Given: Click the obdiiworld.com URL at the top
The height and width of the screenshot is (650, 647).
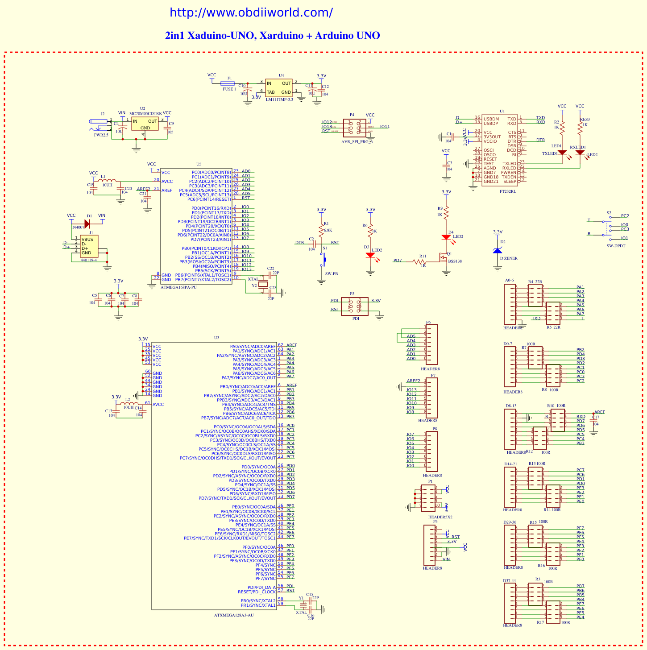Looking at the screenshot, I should [251, 12].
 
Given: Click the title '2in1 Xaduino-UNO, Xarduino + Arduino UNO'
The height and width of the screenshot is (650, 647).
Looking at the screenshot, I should [272, 36].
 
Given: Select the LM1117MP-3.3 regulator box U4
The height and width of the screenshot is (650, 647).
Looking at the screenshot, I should [279, 88].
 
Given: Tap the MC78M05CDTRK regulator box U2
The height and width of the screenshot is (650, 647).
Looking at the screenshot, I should [145, 124].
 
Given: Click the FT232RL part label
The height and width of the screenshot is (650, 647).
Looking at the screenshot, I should [507, 191].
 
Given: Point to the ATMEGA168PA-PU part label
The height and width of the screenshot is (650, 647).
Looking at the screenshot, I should [178, 287].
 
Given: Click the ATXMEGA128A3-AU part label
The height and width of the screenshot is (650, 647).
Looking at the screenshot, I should [234, 615].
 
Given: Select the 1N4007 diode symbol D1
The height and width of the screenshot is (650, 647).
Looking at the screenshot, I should [87, 224].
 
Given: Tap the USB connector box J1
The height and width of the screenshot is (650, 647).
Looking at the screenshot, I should [89, 246].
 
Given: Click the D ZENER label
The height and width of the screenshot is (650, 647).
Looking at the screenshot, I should [509, 258].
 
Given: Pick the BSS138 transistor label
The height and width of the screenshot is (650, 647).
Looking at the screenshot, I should [455, 261].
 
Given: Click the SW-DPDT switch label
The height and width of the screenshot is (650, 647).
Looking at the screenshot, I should [616, 246].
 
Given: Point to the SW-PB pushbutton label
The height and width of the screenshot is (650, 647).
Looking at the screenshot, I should [332, 273].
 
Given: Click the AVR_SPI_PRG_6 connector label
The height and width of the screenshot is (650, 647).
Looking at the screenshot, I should [357, 141].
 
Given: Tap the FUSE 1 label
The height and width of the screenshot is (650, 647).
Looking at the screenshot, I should [229, 89].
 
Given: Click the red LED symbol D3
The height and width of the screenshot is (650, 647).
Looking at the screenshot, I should [370, 256].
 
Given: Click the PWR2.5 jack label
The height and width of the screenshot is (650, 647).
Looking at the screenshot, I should [101, 135].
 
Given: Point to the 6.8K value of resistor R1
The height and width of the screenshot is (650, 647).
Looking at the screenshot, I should [328, 230].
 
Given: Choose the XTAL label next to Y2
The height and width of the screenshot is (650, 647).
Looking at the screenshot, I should [253, 279].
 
